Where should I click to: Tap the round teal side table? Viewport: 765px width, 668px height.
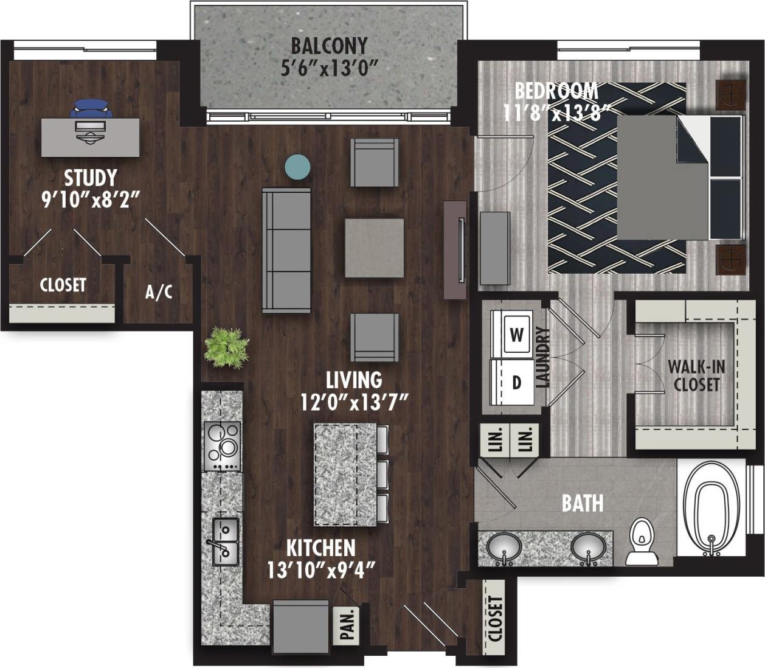tap(298, 167)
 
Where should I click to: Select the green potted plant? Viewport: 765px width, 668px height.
tap(227, 348)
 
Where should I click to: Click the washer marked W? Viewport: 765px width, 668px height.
tap(516, 335)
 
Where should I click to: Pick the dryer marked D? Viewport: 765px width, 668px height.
tap(516, 382)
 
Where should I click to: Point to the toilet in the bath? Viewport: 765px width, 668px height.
tap(641, 541)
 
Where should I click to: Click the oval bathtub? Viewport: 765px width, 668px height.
tap(711, 509)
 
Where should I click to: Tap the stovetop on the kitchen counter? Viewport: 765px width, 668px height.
tap(222, 446)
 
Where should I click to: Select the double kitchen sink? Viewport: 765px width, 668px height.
tap(224, 541)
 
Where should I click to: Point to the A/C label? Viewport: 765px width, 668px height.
tap(159, 293)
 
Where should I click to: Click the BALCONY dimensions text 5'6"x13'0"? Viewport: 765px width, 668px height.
tap(329, 67)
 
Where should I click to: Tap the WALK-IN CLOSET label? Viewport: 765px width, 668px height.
tap(696, 375)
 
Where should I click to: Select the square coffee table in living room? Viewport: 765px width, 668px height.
tap(374, 248)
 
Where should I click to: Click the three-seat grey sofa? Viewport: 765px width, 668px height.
tap(286, 250)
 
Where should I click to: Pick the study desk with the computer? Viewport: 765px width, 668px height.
tap(90, 137)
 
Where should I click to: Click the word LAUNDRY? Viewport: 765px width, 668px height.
tap(543, 358)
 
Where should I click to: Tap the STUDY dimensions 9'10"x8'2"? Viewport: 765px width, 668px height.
tap(91, 200)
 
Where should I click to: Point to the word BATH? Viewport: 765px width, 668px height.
tap(583, 503)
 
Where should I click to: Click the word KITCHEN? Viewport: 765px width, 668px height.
tap(320, 548)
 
